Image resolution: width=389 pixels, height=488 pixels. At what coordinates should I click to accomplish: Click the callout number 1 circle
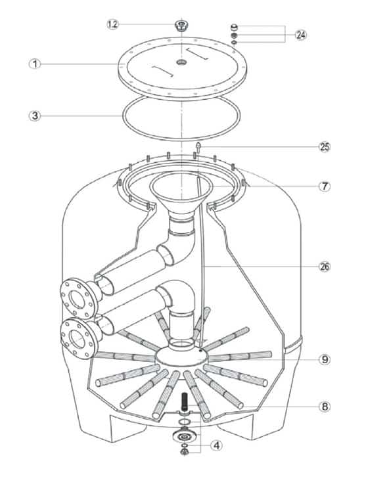[x=35, y=64]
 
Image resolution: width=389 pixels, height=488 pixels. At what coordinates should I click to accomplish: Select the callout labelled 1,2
[x=113, y=24]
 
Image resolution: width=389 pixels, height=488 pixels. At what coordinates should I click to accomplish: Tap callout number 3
[x=35, y=116]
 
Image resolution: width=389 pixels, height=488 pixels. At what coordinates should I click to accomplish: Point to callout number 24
[x=300, y=35]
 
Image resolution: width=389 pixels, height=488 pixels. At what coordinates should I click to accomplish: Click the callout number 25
[x=325, y=146]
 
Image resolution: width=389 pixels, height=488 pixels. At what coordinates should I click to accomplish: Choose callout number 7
[x=325, y=186]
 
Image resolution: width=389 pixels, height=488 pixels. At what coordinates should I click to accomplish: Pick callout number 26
[x=325, y=267]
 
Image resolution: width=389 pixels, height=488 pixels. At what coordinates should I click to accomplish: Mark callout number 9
[x=325, y=359]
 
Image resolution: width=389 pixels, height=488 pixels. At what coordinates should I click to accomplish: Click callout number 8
[x=325, y=406]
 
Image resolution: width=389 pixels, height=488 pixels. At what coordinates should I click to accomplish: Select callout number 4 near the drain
[x=216, y=445]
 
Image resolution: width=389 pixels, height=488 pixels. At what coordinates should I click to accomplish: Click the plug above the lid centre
[x=181, y=26]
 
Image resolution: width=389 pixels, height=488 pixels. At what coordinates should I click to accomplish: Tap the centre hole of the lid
[x=181, y=62]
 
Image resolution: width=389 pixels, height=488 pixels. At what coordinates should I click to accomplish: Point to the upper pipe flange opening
[x=76, y=299]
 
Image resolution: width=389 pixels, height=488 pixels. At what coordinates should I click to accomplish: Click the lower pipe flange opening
[x=77, y=339]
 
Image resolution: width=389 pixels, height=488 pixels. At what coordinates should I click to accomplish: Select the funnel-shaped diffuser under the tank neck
[x=181, y=196]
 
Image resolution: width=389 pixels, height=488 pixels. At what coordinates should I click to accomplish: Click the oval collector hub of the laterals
[x=182, y=357]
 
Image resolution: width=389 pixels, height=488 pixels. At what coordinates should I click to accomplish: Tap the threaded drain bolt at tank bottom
[x=185, y=401]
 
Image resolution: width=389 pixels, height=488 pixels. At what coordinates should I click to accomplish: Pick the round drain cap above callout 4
[x=185, y=437]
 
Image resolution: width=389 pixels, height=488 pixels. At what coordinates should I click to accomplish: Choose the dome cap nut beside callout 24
[x=234, y=27]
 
